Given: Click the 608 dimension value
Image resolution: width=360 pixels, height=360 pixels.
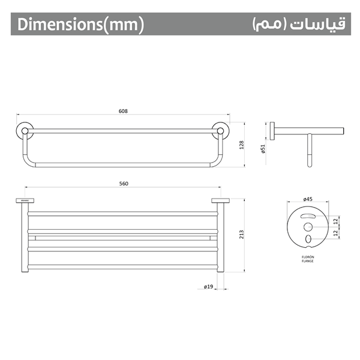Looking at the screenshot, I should point(124,111).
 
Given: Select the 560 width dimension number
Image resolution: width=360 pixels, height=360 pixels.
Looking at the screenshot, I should point(124,184).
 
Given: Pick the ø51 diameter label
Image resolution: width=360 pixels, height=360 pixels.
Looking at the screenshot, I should point(263,149).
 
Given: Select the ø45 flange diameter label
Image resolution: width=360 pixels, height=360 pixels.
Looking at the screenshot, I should point(308,199).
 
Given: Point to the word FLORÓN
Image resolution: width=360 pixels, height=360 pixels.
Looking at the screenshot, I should point(308,257).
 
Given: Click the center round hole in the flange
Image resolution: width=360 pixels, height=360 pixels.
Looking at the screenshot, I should point(308,227).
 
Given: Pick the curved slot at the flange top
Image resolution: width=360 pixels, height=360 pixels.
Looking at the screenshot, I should point(308,215).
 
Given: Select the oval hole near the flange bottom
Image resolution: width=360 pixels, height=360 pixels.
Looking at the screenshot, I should point(308,240).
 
